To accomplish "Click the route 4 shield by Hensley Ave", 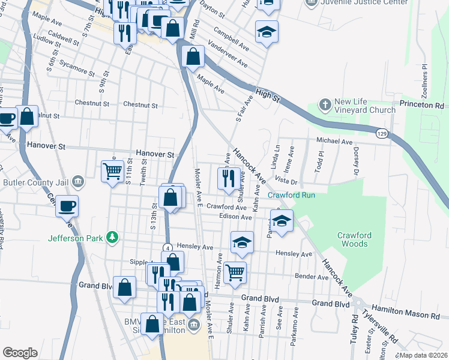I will coord(167,248).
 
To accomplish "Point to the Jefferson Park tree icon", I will coord(111,238).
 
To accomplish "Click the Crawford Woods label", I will coord(353,239).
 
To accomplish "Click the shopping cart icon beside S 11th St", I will coord(112,172).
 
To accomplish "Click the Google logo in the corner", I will coord(20,352).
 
